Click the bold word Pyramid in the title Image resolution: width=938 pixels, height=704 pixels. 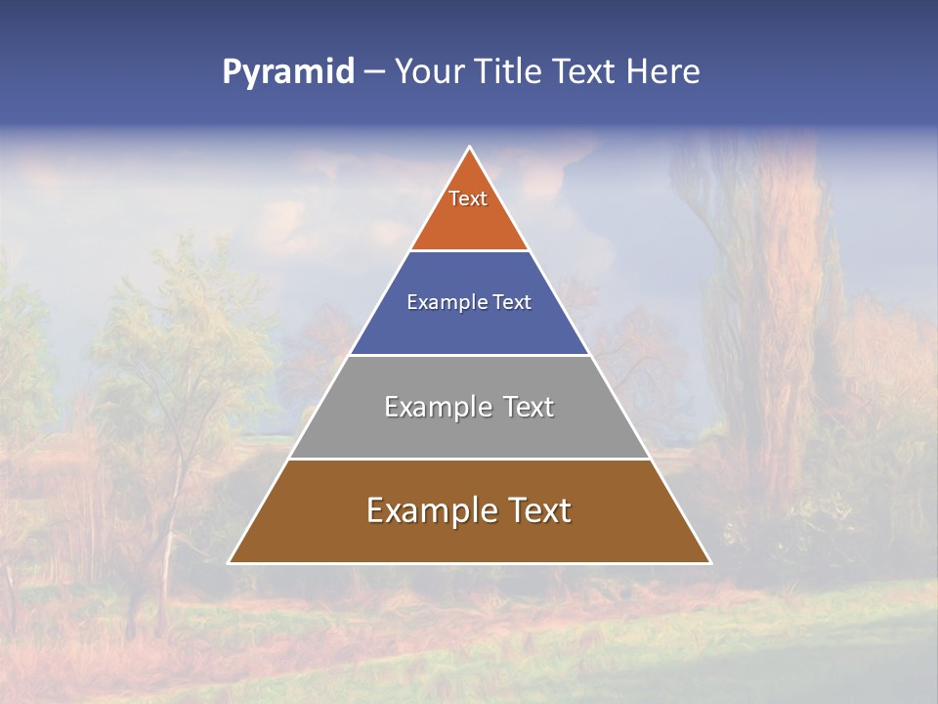287,72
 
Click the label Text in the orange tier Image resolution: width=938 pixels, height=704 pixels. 468,198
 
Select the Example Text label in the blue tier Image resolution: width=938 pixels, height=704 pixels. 469,303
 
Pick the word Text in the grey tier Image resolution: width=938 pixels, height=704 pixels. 529,407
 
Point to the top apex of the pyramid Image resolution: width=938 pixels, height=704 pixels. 470,148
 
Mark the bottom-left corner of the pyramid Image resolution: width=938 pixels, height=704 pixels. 230,562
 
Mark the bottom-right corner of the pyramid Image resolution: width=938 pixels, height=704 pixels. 709,562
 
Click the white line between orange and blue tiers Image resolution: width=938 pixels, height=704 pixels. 469,250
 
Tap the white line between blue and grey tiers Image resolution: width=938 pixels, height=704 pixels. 469,355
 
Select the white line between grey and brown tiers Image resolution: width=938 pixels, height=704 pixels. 469,459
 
